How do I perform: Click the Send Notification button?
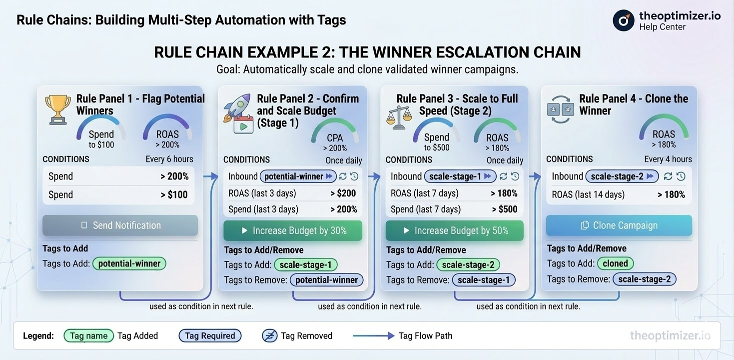pyautogui.click(x=120, y=225)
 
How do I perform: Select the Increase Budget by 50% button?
pyautogui.click(x=454, y=230)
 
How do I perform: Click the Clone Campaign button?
pyautogui.click(x=619, y=225)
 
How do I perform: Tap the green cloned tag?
pyautogui.click(x=615, y=263)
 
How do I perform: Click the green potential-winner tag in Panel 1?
pyautogui.click(x=129, y=263)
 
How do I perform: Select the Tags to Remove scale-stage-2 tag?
pyautogui.click(x=644, y=279)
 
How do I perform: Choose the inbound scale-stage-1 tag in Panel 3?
pyautogui.click(x=460, y=176)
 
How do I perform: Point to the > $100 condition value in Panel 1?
pyautogui.click(x=174, y=194)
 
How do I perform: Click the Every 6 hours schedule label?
pyautogui.click(x=169, y=159)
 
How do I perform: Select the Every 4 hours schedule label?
pyautogui.click(x=668, y=159)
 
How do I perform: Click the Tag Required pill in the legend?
pyautogui.click(x=210, y=336)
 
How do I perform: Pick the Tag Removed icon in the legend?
pyautogui.click(x=269, y=336)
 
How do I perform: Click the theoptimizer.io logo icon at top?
pyautogui.click(x=623, y=20)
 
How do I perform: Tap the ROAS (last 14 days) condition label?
pyautogui.click(x=588, y=194)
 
